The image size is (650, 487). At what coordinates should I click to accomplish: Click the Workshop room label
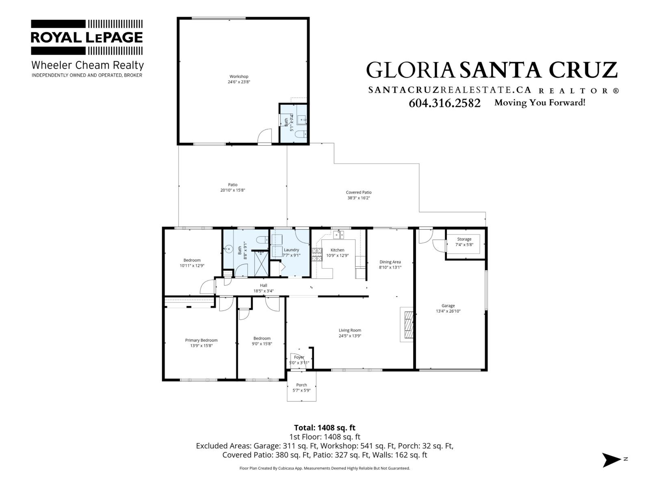point(238,76)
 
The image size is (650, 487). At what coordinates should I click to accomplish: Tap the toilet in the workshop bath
point(301,135)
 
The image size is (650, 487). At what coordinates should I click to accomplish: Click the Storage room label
point(464,239)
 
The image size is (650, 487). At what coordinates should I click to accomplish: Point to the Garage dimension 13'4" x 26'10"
point(448,311)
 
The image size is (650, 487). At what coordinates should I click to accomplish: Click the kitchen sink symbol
point(339,235)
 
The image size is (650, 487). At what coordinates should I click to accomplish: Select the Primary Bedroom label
point(201,340)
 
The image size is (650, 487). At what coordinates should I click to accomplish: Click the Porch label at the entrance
point(301,385)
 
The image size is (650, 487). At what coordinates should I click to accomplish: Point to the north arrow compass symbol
point(611,460)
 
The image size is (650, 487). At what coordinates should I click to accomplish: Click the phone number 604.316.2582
point(444,103)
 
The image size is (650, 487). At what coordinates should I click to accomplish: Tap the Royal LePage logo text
point(87,37)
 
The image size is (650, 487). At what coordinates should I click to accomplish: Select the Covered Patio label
point(358,192)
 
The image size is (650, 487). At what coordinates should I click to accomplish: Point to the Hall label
point(263,285)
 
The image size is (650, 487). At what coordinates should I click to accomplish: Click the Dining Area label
point(390,262)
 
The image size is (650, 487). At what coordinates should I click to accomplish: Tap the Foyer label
point(299,357)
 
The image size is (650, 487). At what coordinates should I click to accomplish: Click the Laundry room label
point(291,250)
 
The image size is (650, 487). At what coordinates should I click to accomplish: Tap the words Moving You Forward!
point(539,103)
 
